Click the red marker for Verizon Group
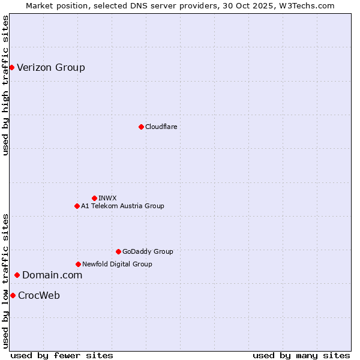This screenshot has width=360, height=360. click(11, 67)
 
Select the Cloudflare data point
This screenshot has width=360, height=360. click(141, 127)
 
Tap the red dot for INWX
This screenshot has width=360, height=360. click(94, 198)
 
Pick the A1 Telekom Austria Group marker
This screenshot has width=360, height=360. click(77, 206)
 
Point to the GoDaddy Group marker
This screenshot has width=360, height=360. click(118, 251)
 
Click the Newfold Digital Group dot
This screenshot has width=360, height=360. click(78, 264)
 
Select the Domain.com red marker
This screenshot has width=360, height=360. click(17, 275)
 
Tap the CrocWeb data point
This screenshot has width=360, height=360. click(13, 295)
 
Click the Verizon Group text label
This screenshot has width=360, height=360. click(51, 67)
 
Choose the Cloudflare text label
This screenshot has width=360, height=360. click(161, 127)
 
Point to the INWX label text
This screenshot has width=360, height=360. click(107, 198)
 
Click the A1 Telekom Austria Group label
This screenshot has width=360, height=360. click(122, 206)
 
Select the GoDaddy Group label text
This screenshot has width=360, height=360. click(148, 251)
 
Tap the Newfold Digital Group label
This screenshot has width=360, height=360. click(117, 264)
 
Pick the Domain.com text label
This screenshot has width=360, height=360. click(52, 275)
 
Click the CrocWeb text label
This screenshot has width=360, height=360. click(39, 295)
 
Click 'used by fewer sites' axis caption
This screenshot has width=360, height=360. click(62, 355)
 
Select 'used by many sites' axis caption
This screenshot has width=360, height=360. click(301, 355)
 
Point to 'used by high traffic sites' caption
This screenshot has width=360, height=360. click(5, 85)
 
